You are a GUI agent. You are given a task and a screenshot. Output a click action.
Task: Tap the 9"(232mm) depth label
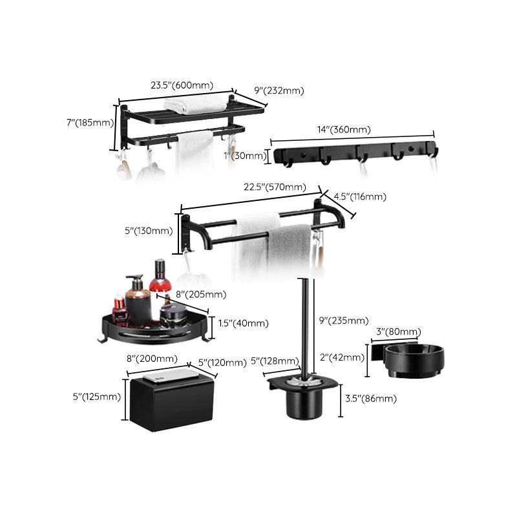279,90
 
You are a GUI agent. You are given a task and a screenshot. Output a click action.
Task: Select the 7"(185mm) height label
91,122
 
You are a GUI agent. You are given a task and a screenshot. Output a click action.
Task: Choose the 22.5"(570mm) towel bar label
275,187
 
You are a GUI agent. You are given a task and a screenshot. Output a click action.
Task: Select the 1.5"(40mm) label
243,323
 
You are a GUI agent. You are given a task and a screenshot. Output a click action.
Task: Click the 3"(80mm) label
397,332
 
